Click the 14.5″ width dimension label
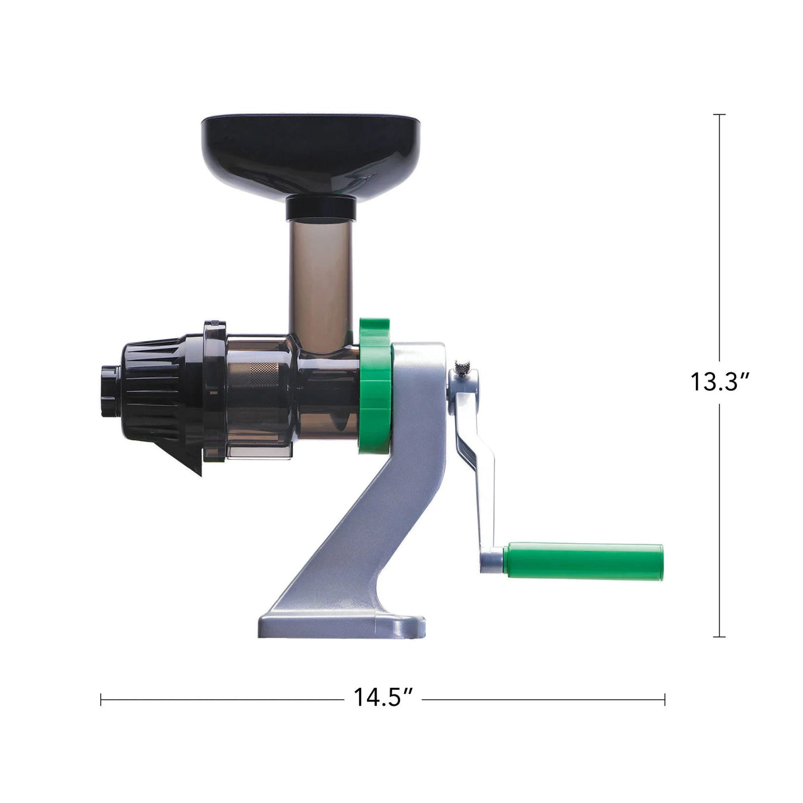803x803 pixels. pos(383,698)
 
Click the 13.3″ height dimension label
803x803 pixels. pos(720,382)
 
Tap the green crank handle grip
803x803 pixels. pos(583,562)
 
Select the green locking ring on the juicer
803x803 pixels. pos(375,387)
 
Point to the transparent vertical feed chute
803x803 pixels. pos(319,278)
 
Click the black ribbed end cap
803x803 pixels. pos(152,390)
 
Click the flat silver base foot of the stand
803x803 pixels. pos(341,625)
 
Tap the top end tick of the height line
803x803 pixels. pos(720,114)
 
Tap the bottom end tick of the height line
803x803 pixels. pos(720,637)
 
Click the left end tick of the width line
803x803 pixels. pos(101,699)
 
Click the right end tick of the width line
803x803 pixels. pos(665,699)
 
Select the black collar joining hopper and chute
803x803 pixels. pos(321,208)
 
